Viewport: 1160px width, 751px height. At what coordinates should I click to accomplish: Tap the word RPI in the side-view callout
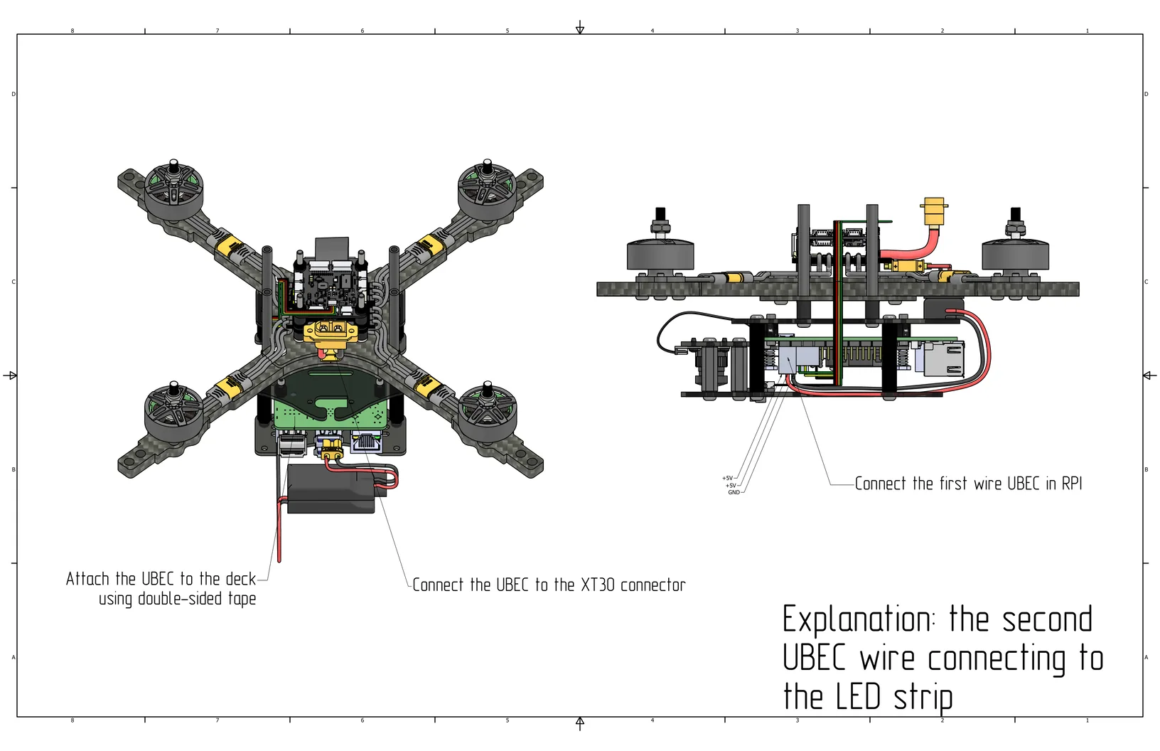(1071, 484)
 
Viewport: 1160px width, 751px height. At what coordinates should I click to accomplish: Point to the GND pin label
(734, 492)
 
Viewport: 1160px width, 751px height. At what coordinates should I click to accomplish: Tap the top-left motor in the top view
(173, 188)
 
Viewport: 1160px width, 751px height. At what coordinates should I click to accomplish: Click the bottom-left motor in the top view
(173, 412)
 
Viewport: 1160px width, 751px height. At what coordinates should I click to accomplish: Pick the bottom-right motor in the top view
(488, 411)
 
